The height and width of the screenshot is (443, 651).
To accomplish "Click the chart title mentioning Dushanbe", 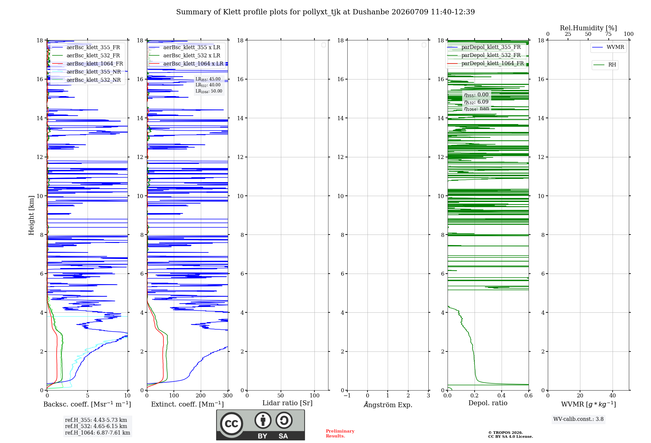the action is (x=325, y=12).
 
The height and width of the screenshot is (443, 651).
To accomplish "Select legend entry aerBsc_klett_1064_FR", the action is (x=88, y=64).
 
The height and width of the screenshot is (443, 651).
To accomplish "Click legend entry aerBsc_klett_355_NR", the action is (x=87, y=72).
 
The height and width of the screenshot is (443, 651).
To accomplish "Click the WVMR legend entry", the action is (x=608, y=47).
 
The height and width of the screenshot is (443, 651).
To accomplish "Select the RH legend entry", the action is (x=605, y=64).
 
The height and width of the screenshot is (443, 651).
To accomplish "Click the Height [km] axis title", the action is (x=31, y=215).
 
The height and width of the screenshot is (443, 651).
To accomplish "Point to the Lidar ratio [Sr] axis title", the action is (x=287, y=403).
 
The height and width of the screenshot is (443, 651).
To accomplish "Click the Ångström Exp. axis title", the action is (x=388, y=405).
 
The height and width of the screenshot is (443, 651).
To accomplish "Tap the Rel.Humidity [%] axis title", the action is (x=589, y=28).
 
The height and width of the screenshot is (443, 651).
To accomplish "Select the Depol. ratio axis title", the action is (x=488, y=403).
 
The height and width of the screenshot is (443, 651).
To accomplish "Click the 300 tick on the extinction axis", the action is (x=228, y=395).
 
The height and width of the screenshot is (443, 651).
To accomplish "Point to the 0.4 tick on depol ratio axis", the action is (x=502, y=395).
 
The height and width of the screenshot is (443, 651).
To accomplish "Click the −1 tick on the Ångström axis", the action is (x=347, y=395).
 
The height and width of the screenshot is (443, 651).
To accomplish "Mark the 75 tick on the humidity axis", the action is (x=608, y=34).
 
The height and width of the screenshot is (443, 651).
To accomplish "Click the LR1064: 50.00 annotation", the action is (x=209, y=91).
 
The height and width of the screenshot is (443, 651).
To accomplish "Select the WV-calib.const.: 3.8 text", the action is (x=578, y=419).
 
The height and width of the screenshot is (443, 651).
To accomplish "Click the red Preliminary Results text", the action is (x=340, y=434).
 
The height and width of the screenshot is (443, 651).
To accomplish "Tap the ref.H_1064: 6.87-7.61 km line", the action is (x=98, y=433).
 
